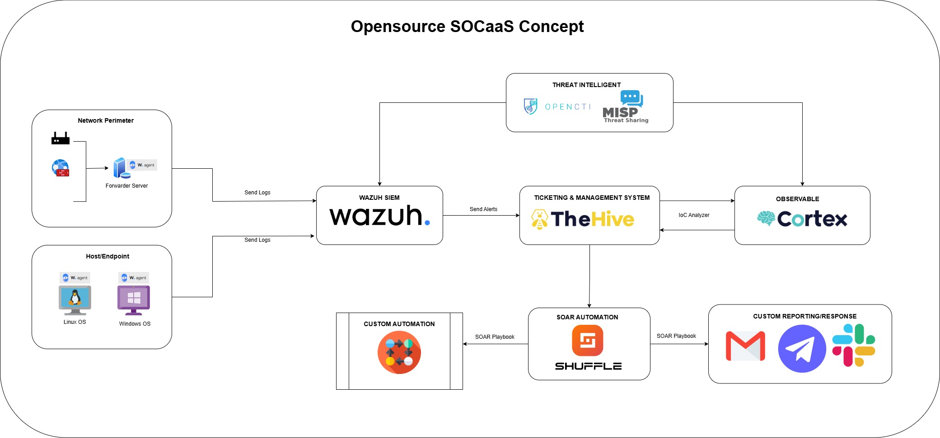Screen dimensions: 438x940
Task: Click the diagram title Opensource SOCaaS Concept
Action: point(467,27)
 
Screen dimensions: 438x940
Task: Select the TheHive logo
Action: point(583,219)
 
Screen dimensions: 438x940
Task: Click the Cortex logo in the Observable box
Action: point(802,219)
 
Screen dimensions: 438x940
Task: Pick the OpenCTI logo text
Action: point(567,107)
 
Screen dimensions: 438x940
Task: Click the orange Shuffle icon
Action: point(587,341)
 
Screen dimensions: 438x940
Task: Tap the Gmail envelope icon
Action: point(745,346)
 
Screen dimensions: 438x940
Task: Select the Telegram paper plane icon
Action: point(802,349)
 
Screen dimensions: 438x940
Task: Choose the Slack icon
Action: point(854,345)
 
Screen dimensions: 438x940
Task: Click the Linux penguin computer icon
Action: point(75,300)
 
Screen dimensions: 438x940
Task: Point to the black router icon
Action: point(61,138)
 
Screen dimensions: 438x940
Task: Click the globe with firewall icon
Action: point(61,168)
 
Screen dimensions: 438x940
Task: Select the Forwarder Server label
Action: point(126,186)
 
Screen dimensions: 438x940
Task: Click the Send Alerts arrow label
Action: point(483,209)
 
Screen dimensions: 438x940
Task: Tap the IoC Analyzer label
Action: point(694,215)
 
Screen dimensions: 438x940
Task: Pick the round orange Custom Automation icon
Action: point(399,352)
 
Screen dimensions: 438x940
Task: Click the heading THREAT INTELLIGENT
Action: point(586,85)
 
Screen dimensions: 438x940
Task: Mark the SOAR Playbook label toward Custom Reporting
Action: point(676,336)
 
